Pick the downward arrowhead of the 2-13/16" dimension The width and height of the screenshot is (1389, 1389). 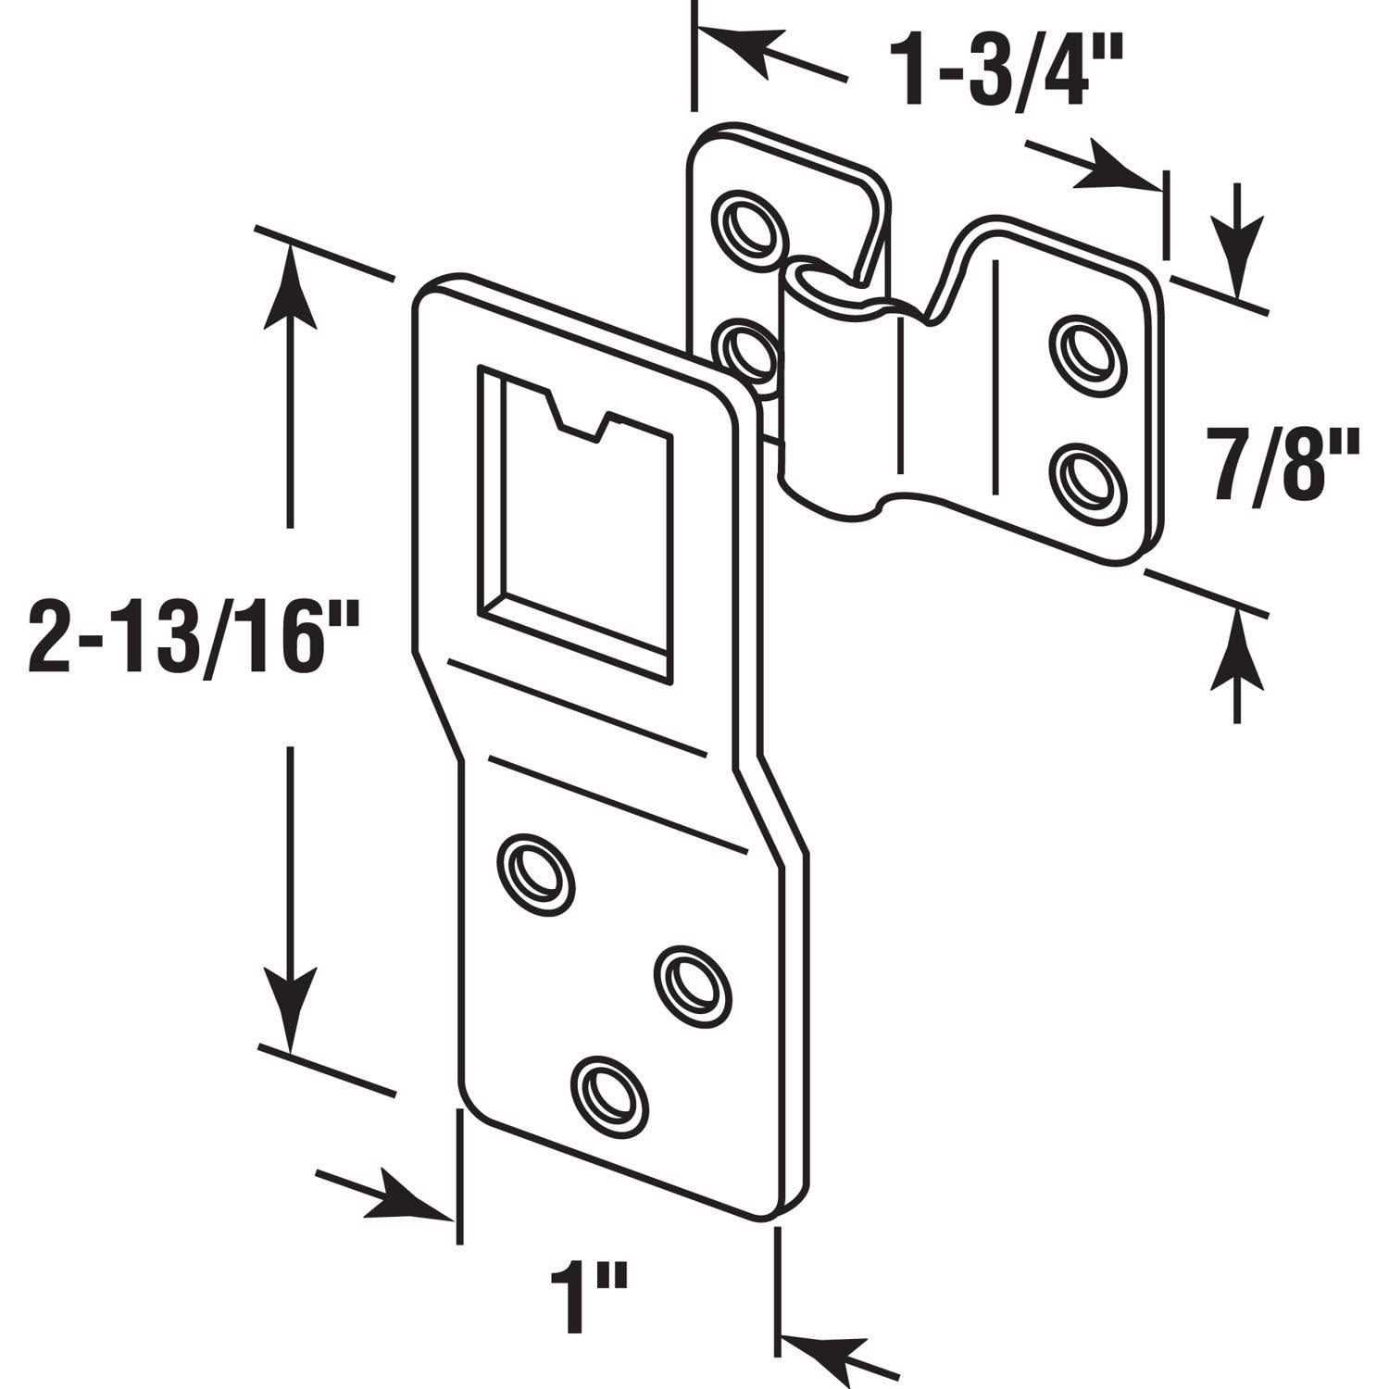point(291,1005)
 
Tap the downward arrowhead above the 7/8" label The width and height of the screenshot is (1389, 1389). point(1237,250)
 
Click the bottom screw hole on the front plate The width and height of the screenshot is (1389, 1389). point(610,1090)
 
